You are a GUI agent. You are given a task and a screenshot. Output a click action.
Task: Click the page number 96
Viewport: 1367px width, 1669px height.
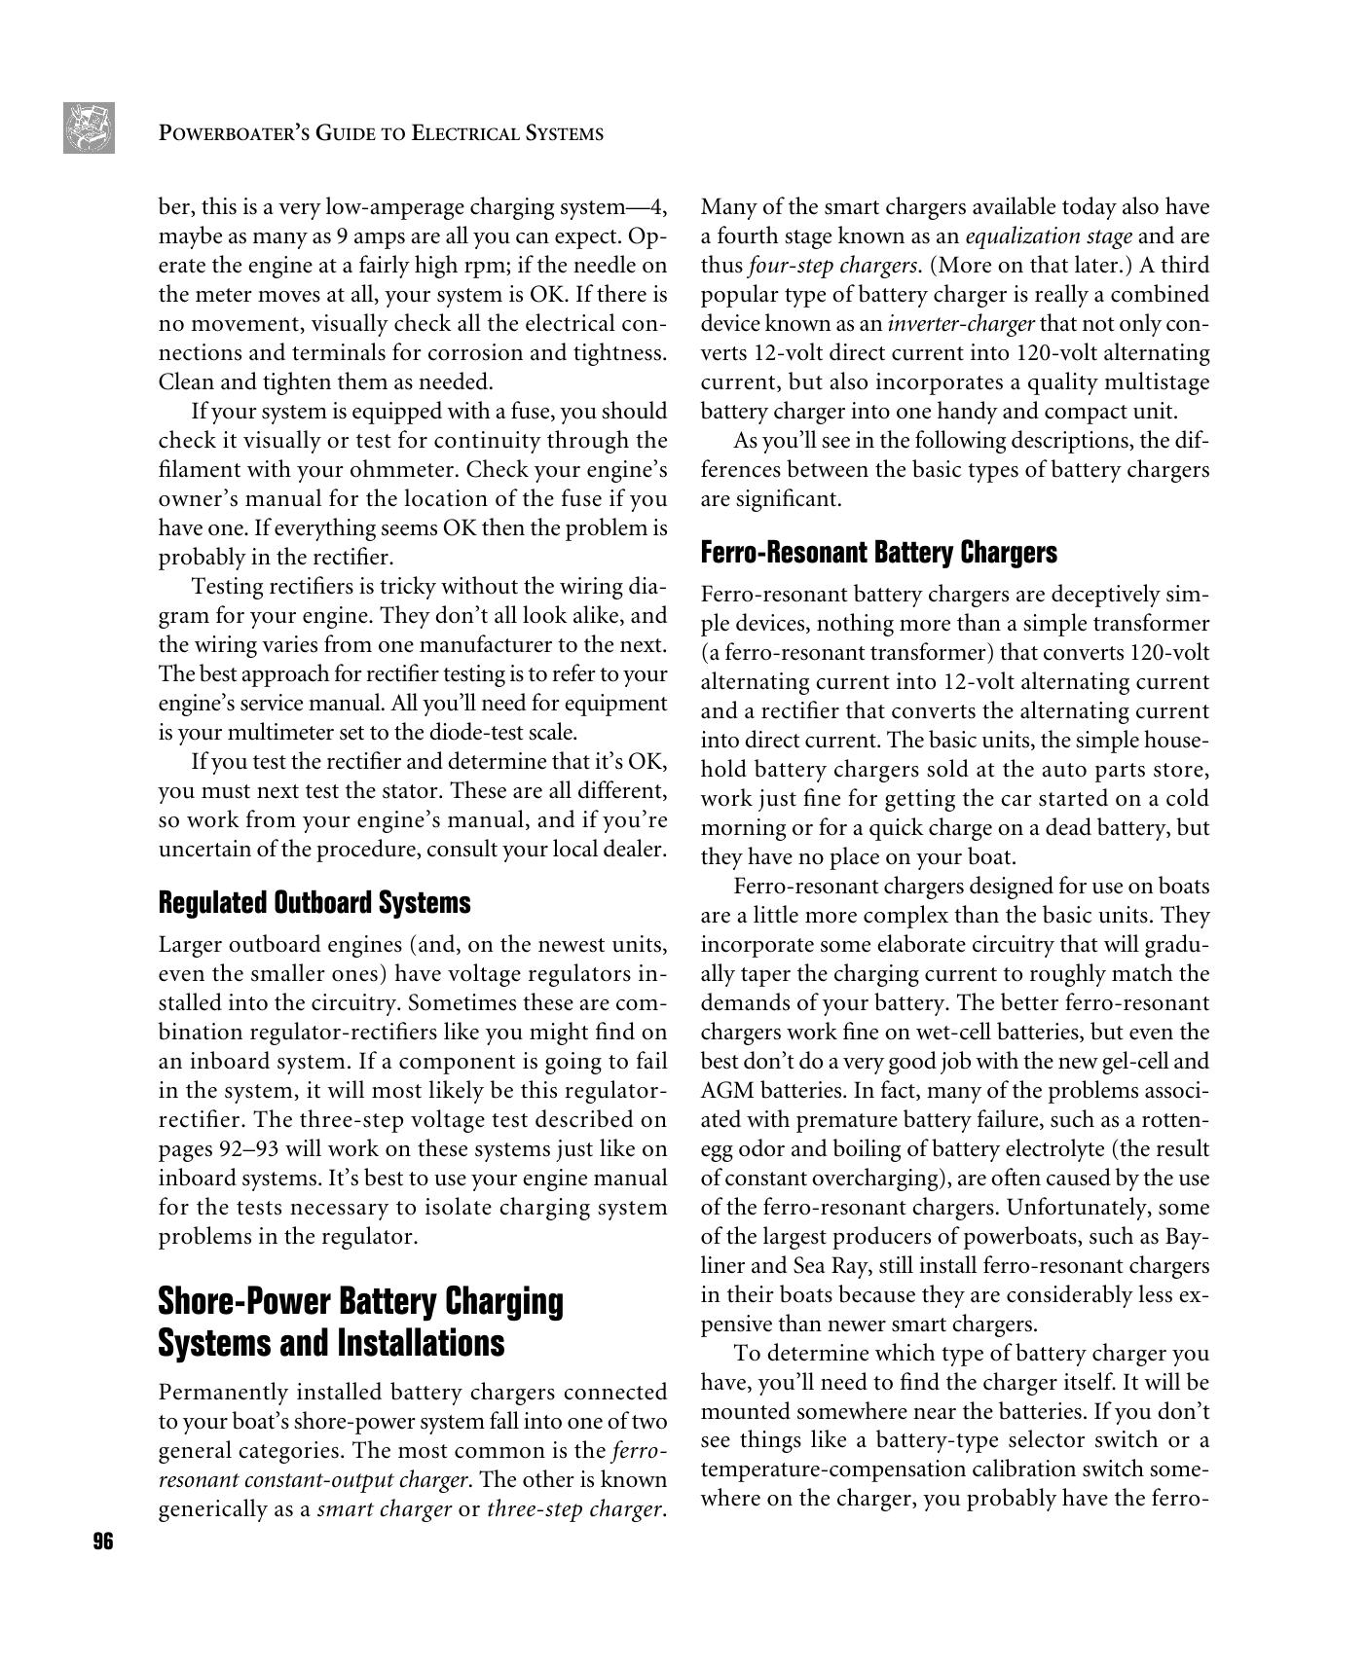coord(102,1542)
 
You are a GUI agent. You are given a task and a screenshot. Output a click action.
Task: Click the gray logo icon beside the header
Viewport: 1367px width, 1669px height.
coord(89,127)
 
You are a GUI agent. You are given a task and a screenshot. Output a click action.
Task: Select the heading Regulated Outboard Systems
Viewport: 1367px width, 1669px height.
coord(314,902)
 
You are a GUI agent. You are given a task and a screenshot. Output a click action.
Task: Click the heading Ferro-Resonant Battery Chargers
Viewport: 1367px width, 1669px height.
coord(878,553)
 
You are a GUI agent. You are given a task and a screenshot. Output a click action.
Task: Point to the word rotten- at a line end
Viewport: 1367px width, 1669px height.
coord(1175,1120)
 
